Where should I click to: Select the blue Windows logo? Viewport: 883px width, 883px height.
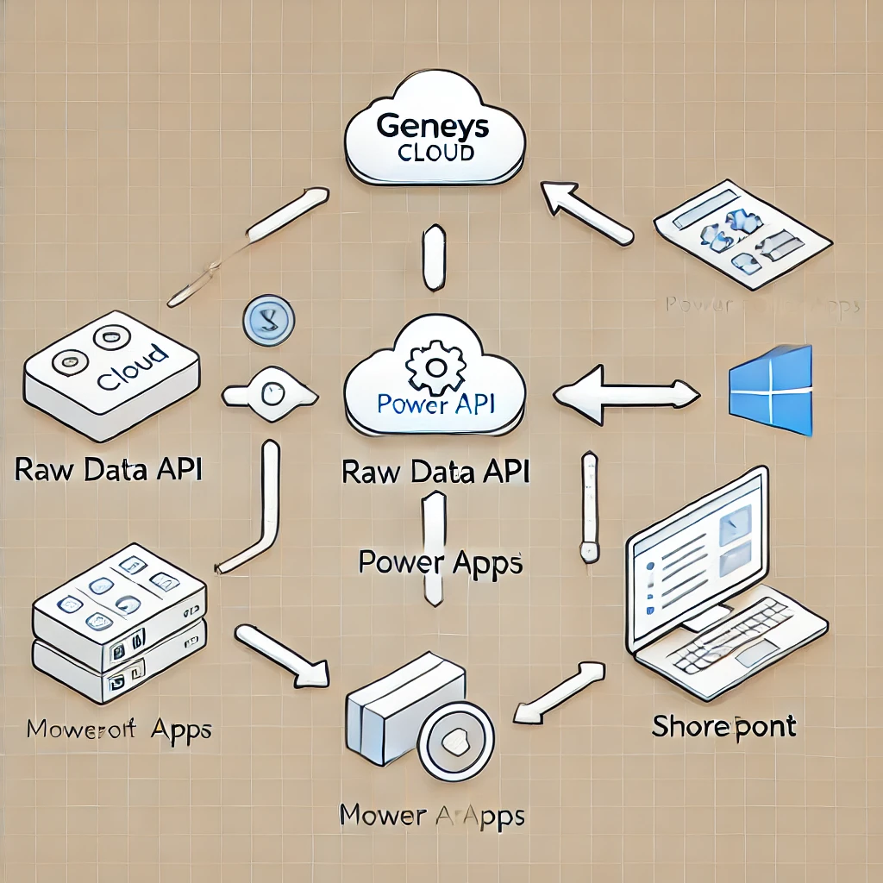(771, 390)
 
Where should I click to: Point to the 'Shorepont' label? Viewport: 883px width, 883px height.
(723, 726)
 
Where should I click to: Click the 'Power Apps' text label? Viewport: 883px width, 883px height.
(440, 562)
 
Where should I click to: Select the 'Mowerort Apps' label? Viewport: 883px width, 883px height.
(118, 730)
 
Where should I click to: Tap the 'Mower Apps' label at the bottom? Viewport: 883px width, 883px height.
(431, 814)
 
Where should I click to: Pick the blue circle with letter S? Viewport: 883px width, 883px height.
(270, 321)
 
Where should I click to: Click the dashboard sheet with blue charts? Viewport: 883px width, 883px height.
(742, 228)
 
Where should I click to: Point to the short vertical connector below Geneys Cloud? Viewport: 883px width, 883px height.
(435, 257)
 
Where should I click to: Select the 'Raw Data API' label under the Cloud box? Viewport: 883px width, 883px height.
(109, 470)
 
